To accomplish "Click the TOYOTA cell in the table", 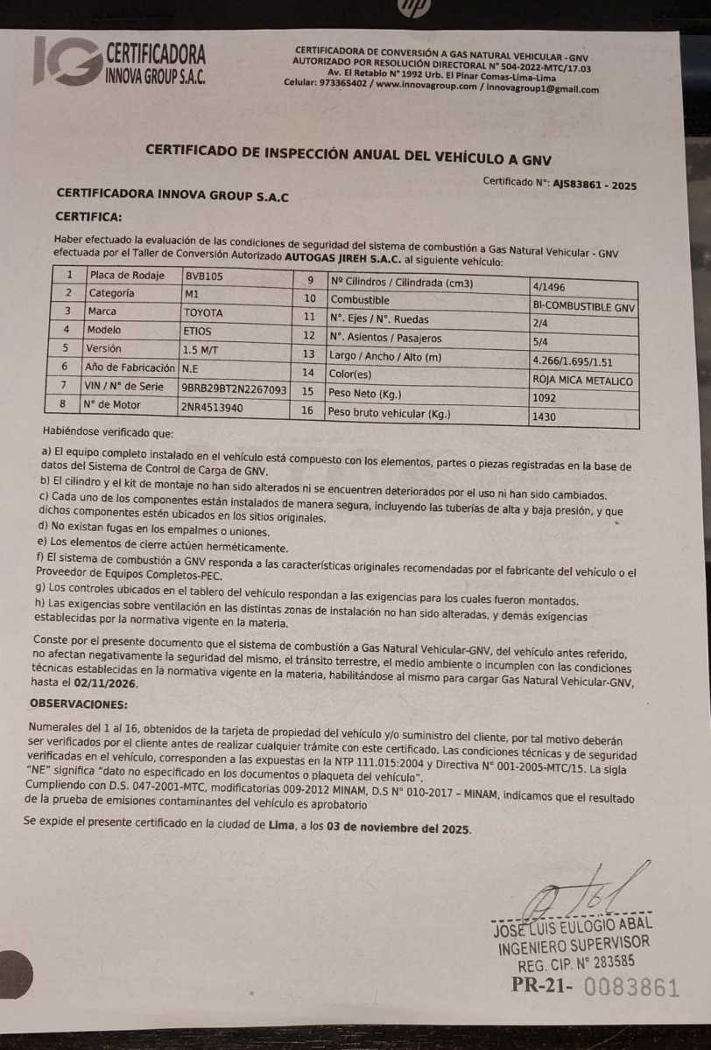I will point(203,311).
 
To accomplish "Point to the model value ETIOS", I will point(197,331).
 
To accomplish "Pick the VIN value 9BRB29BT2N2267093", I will point(235,387).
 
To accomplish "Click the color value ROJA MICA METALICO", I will point(582,381).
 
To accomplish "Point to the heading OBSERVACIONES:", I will point(78,703).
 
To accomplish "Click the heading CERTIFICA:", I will point(88,215).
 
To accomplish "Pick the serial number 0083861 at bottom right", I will point(630,988).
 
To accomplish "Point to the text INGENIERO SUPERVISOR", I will point(574,943).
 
